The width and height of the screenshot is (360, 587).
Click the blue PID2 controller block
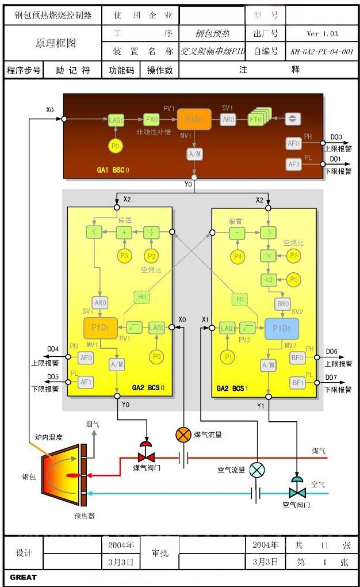tap(282, 328)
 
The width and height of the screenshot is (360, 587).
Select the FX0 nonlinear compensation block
tap(151, 119)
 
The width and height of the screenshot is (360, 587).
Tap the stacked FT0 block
tap(256, 119)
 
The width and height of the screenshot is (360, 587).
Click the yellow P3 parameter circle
tap(124, 256)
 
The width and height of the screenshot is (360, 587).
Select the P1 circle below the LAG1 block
tap(228, 357)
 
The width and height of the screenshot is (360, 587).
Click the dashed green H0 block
tap(141, 297)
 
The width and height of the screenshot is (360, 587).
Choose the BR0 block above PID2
tap(282, 303)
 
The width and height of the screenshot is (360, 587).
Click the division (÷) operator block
tap(151, 232)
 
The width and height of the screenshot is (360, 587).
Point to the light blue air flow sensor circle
tap(257, 470)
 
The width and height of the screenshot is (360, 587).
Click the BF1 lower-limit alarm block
tap(297, 382)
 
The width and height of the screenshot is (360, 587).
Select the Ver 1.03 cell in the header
tap(323, 34)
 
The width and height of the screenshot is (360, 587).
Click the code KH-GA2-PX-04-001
tap(322, 52)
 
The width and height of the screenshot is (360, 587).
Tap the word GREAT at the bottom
tap(23, 577)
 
